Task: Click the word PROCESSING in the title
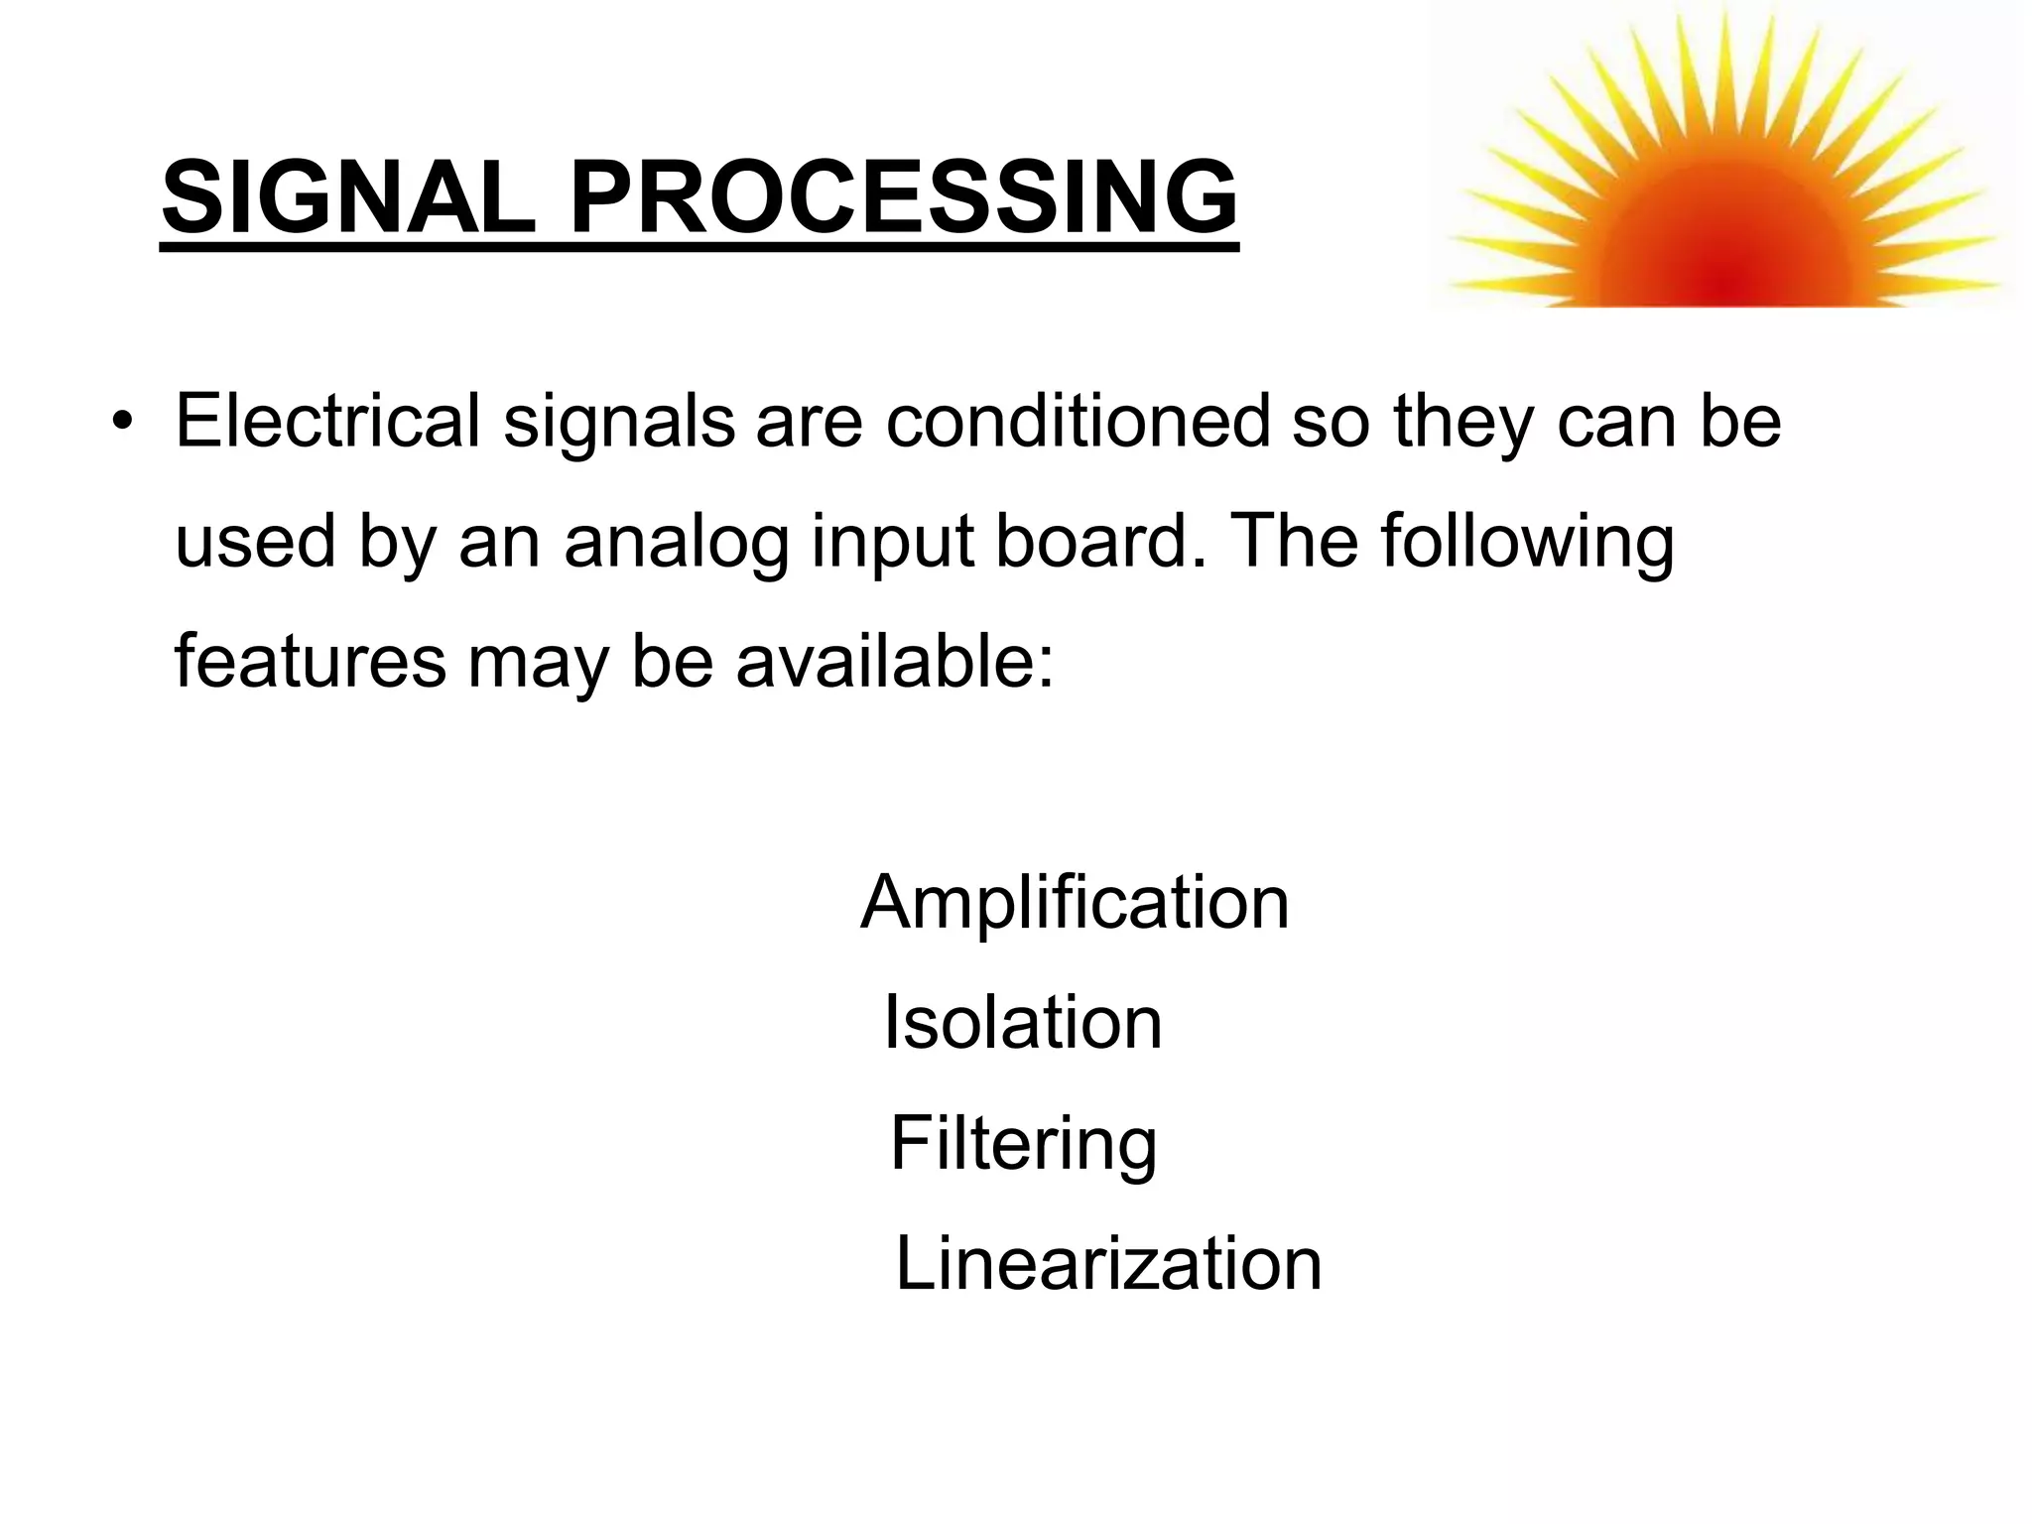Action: click(904, 197)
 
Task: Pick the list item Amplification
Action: click(1075, 904)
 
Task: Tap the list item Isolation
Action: click(1022, 1023)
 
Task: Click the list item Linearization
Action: click(1108, 1265)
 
